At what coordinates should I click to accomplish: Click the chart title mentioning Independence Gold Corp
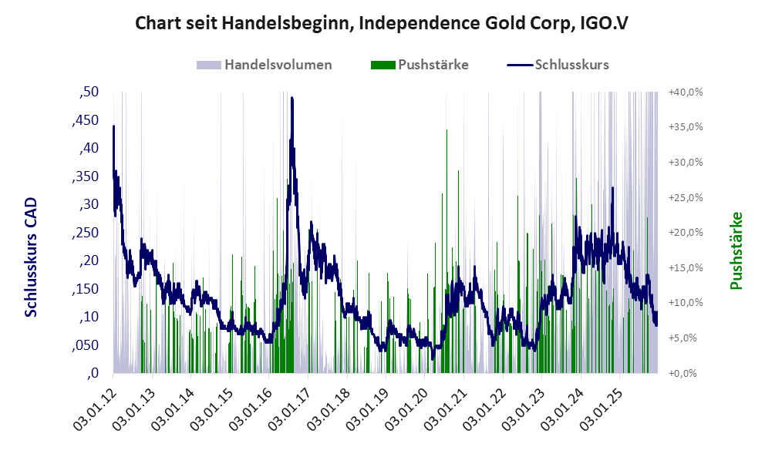click(382, 23)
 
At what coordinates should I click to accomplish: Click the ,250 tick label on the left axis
click(85, 233)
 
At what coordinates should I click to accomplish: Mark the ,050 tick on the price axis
click(85, 345)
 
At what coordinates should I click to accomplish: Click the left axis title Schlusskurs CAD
click(32, 257)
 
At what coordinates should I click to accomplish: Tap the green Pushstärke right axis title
click(736, 250)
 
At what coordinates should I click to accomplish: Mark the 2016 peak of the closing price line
click(292, 98)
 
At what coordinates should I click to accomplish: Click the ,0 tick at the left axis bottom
click(93, 374)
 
